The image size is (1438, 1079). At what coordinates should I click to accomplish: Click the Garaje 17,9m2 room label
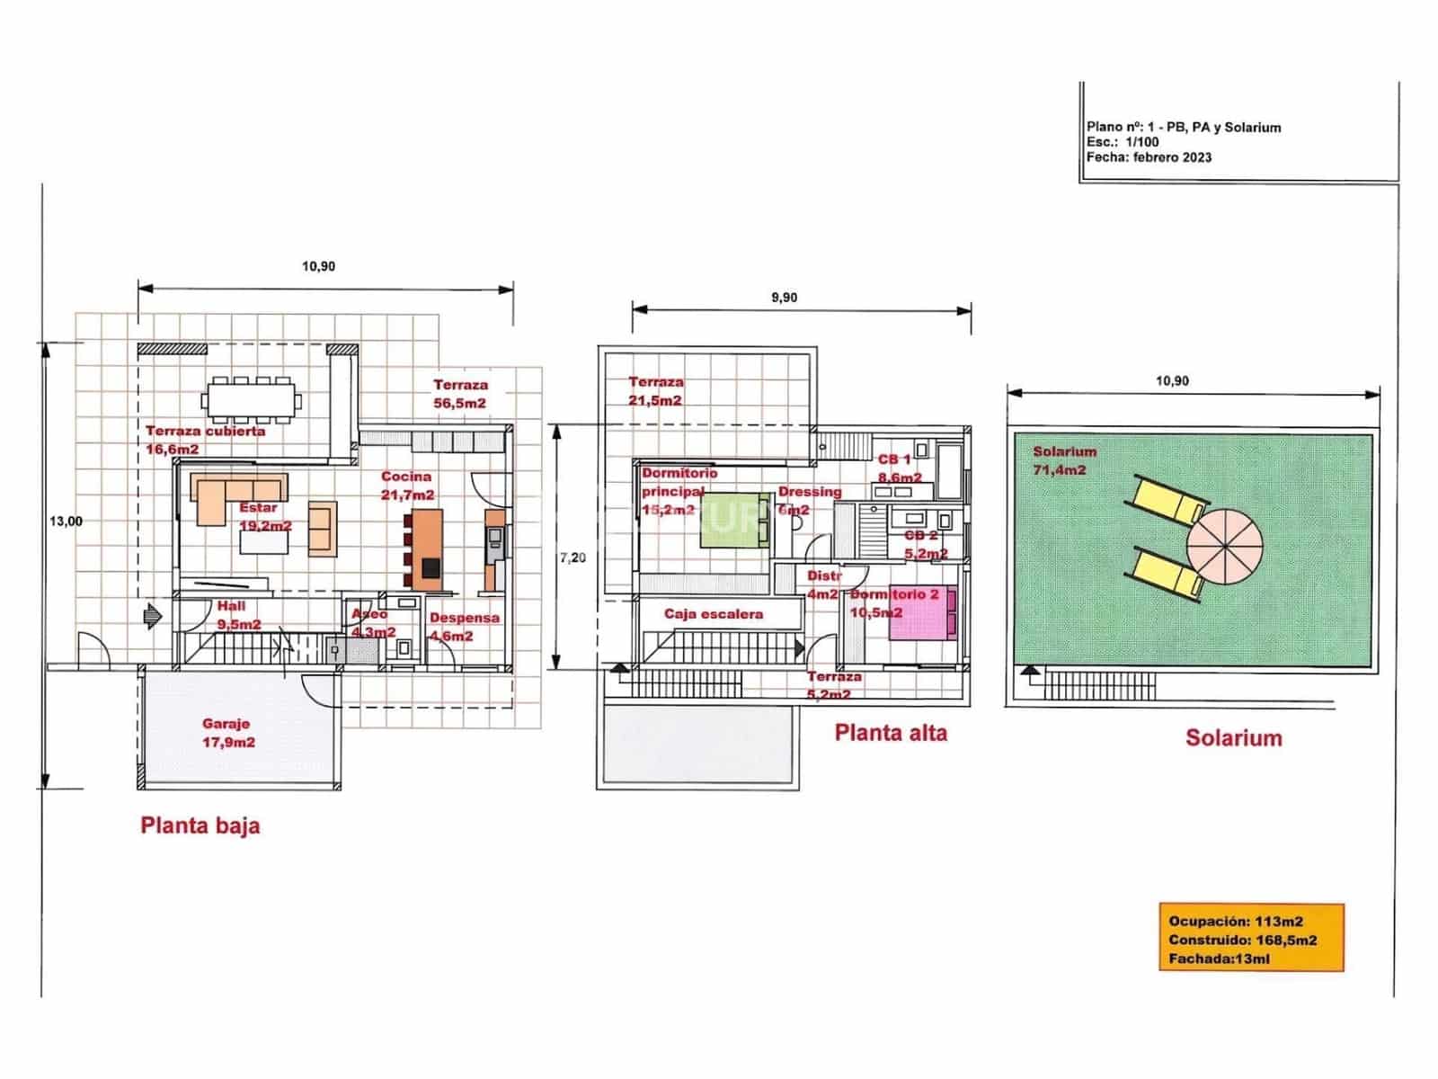(x=227, y=733)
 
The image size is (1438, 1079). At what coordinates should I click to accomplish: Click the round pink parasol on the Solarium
(x=1224, y=544)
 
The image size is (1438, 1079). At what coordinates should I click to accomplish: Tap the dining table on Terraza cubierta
(x=251, y=398)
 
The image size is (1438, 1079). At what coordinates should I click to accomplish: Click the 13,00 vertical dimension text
(x=66, y=522)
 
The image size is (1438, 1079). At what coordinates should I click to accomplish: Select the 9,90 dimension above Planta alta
(x=784, y=298)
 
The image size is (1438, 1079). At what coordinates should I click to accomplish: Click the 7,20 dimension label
(x=573, y=557)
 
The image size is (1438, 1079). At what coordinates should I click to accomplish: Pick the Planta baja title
(x=200, y=825)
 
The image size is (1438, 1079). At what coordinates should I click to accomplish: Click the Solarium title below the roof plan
(x=1233, y=738)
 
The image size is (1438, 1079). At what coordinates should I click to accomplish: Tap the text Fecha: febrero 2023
(x=1149, y=157)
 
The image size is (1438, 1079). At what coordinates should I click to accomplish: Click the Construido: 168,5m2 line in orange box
(x=1242, y=941)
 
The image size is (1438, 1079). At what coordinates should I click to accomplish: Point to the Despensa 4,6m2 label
(x=463, y=627)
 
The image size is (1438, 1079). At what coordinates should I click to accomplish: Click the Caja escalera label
(x=714, y=614)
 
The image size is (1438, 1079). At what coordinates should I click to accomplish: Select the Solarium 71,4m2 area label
(x=1064, y=460)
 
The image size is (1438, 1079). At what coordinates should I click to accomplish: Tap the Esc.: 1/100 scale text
(x=1123, y=142)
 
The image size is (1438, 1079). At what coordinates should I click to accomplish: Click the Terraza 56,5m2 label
(x=460, y=394)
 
